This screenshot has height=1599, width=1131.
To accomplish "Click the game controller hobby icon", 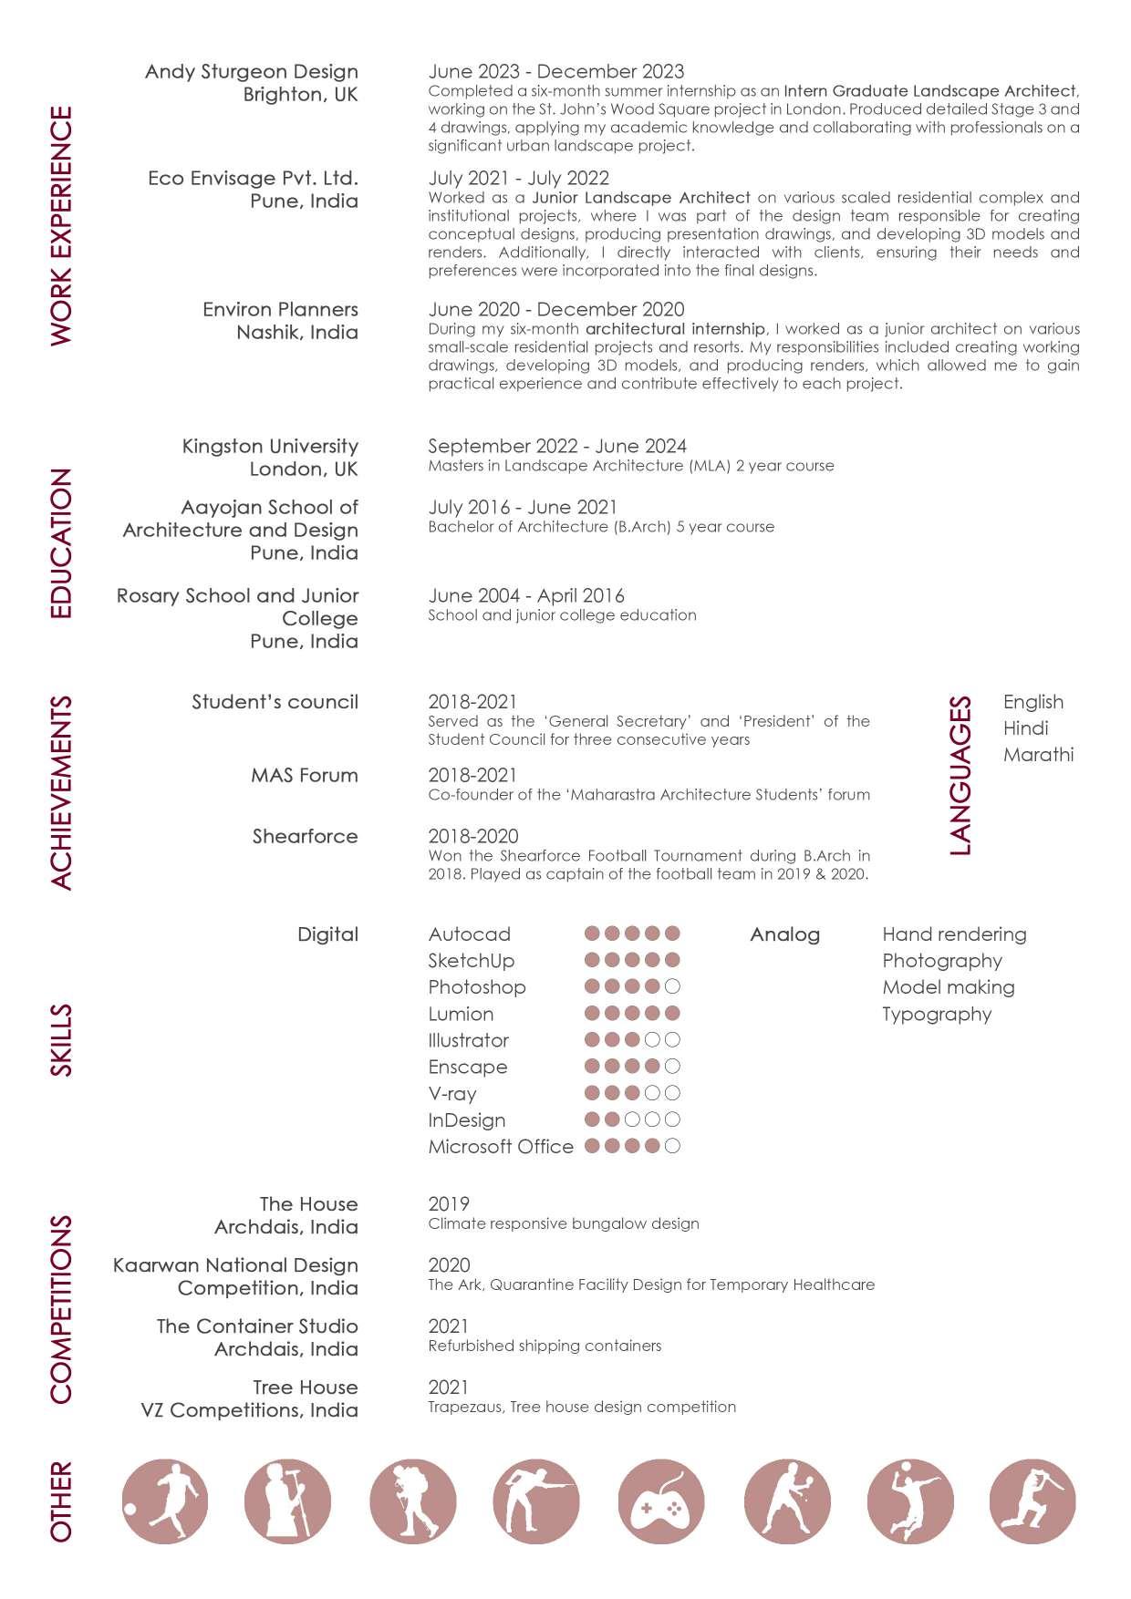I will coord(661,1501).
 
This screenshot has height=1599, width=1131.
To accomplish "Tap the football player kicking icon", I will coord(165,1501).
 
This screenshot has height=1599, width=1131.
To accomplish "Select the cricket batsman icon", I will coord(1032,1501).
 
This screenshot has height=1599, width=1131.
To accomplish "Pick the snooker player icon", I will coord(536,1501).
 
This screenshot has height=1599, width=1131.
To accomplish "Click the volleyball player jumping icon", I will coord(909,1501).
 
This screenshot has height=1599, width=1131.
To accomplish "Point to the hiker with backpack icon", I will coord(412,1501).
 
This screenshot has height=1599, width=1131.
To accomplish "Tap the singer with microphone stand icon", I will coord(287,1501).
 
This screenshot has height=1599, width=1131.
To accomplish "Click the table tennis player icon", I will coord(787,1501).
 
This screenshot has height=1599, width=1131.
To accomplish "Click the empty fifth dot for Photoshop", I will coord(673,986).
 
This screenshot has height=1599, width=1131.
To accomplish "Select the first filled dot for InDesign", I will coord(592,1119).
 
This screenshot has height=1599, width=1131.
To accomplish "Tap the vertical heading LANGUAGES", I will coord(960,776).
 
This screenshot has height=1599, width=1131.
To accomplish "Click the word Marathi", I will coord(1038,755).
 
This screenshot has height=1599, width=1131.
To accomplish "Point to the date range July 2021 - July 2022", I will coord(518,178).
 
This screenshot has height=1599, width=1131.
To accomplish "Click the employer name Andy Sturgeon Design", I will coord(252,71).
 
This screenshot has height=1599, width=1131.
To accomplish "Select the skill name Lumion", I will coord(461,1014).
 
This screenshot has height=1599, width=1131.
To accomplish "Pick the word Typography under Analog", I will coord(937,1014).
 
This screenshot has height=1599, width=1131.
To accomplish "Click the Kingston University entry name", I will coord(270,446).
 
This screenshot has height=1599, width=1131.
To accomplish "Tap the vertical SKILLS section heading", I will coord(61,1040).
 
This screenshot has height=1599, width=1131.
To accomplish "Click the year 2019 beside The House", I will coord(449,1204).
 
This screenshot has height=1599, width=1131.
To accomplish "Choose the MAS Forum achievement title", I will coord(305,776).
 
